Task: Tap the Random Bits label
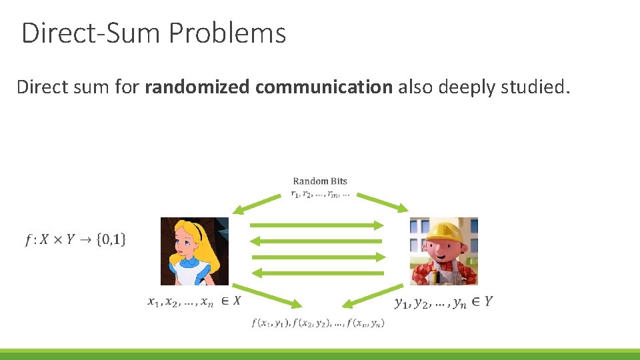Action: tap(320, 181)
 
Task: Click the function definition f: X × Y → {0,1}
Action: tap(75, 239)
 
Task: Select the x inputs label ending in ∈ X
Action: tap(194, 301)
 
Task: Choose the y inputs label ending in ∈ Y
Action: tap(444, 303)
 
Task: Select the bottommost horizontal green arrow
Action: tap(318, 272)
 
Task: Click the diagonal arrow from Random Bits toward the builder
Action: tap(383, 203)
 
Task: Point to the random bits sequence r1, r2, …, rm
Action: tap(320, 195)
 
